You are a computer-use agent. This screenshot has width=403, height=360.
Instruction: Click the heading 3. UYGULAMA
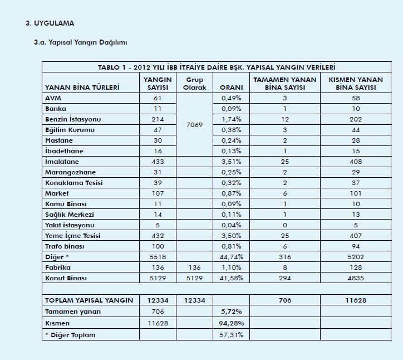[x=50, y=23]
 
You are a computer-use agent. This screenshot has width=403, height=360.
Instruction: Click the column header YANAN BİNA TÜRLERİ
[x=82, y=88]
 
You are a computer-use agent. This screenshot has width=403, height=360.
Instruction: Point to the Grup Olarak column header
[x=195, y=84]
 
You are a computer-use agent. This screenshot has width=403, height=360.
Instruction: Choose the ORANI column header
[x=230, y=88]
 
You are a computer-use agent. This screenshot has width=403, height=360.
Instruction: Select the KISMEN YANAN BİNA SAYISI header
[x=356, y=84]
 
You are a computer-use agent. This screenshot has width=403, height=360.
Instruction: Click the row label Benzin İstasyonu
[x=73, y=119]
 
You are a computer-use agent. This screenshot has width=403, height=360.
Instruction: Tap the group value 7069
[x=194, y=125]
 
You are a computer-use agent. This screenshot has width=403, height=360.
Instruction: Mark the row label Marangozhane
[x=71, y=172]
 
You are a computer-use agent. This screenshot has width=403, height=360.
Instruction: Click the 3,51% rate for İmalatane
[x=230, y=162]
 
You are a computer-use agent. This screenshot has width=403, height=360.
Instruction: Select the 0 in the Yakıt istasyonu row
[x=284, y=225]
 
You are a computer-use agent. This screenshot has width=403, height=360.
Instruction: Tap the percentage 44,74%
[x=230, y=257]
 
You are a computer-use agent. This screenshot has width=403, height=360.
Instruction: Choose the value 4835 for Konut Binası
[x=356, y=278]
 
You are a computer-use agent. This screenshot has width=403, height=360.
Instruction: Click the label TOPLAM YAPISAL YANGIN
[x=89, y=300]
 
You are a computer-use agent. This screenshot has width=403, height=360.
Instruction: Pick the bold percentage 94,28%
[x=230, y=323]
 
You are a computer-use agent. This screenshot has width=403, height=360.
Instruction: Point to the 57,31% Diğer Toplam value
[x=230, y=335]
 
